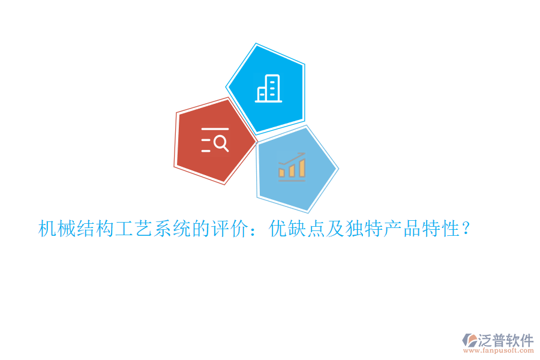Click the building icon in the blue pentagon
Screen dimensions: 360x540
click(268, 89)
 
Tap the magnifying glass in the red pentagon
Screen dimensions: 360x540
click(221, 143)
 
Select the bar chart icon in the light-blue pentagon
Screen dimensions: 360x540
click(292, 168)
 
